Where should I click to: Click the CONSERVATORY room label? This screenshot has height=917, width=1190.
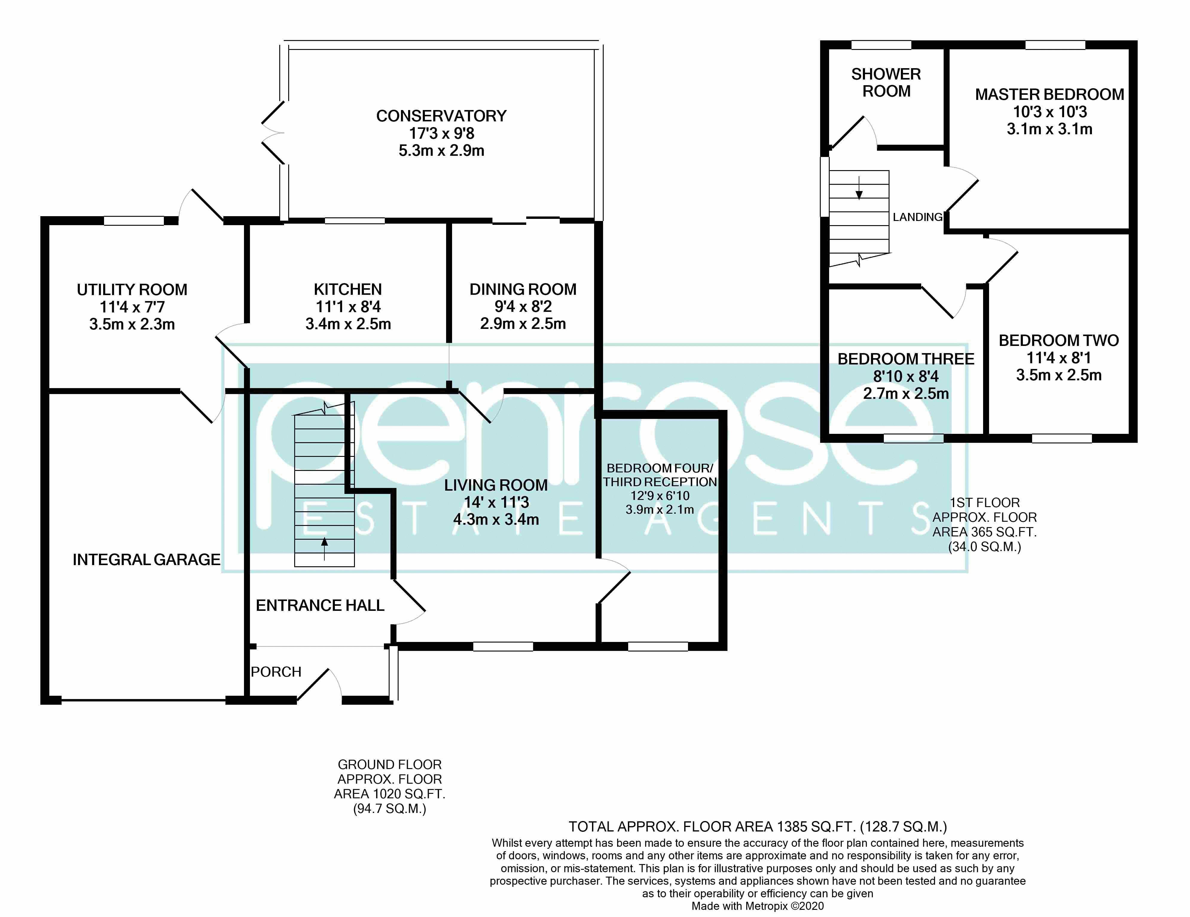click(441, 116)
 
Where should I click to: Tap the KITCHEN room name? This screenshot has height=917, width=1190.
click(348, 289)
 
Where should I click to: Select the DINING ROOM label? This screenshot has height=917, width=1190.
click(523, 289)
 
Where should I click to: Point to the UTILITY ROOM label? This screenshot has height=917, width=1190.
click(132, 290)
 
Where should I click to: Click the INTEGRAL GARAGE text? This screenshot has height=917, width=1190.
click(147, 560)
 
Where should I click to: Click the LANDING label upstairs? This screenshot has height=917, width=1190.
click(918, 217)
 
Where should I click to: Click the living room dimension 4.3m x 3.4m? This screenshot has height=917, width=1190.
click(496, 519)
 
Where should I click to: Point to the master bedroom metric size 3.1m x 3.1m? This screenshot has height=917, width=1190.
click(1049, 129)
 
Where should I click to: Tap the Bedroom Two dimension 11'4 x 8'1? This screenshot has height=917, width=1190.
click(1059, 358)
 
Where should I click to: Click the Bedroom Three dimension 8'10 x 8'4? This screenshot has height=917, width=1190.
click(906, 376)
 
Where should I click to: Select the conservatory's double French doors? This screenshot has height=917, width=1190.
click(272, 132)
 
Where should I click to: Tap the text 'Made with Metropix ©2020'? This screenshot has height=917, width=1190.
click(757, 906)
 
